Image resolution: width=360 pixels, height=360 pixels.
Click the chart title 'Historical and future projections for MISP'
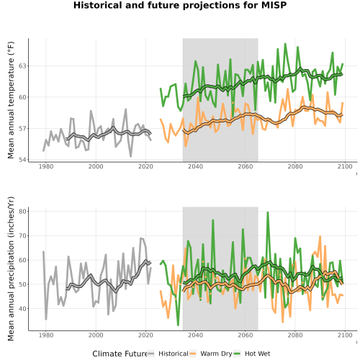click(x=180, y=5)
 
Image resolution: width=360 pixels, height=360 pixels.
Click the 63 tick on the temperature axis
click(x=23, y=66)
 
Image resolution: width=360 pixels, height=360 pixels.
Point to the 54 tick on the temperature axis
click(x=23, y=160)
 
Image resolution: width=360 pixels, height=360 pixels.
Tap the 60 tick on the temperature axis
click(x=23, y=97)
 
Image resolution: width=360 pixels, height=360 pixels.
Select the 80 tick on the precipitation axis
click(x=23, y=211)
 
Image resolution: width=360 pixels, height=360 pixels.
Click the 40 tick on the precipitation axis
click(x=23, y=308)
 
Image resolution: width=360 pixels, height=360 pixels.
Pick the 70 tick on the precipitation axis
click(x=23, y=235)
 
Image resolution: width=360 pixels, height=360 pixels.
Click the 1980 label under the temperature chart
click(x=46, y=166)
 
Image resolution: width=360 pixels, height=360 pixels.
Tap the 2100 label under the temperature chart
click(x=345, y=166)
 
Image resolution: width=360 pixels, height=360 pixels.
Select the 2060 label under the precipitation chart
click(x=246, y=335)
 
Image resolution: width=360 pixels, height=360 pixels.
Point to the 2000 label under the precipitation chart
click(x=96, y=335)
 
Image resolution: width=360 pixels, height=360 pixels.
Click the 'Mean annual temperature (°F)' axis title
click(x=11, y=100)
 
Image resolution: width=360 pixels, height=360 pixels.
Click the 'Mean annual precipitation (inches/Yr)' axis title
click(x=11, y=269)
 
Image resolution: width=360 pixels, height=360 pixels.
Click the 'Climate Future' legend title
click(x=120, y=354)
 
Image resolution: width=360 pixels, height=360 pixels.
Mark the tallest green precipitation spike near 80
click(x=268, y=212)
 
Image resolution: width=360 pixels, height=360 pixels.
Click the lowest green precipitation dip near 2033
click(x=178, y=325)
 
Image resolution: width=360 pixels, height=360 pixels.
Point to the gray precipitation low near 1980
click(x=46, y=319)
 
